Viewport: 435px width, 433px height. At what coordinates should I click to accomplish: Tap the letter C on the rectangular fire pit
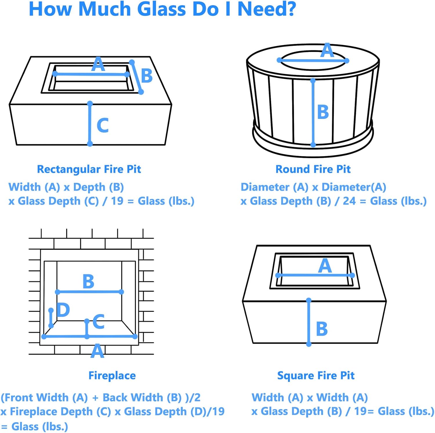103,126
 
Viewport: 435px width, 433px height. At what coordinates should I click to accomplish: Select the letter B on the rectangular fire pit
147,76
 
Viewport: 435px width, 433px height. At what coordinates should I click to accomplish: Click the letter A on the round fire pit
327,51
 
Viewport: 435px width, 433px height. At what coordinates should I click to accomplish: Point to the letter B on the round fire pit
323,112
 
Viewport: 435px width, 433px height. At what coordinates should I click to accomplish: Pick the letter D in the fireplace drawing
63,310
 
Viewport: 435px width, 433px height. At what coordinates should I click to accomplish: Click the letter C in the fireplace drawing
99,322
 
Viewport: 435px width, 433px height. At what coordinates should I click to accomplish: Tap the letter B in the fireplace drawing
88,281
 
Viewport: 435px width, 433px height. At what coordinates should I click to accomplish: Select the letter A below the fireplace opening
97,351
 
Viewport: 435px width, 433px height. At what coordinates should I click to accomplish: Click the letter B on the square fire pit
322,329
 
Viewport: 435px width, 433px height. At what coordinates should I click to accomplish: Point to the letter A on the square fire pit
325,266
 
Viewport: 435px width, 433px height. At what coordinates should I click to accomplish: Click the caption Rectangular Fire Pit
89,169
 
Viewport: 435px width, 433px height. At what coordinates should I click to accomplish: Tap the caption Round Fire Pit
313,169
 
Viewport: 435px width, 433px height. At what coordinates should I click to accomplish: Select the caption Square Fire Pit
316,375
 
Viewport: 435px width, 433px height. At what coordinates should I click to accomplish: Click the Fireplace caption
112,375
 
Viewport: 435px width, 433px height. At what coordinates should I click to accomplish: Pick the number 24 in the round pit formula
349,201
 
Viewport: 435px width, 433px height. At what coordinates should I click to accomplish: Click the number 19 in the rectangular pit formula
117,201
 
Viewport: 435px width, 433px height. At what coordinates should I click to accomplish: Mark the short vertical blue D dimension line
51,318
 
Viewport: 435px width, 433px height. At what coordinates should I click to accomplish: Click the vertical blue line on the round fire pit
313,116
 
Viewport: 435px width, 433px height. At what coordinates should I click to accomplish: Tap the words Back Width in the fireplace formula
133,397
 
